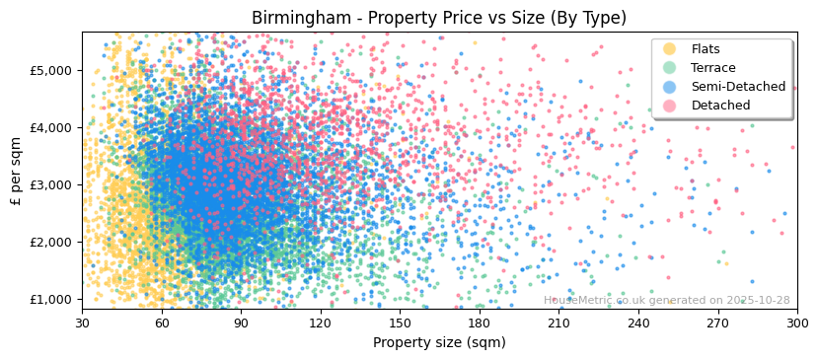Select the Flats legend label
[x=706, y=49]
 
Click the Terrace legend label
[x=713, y=68]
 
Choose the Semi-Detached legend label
[x=738, y=87]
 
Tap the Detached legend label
[x=720, y=106]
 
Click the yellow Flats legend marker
[x=670, y=49]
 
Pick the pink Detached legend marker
[x=670, y=106]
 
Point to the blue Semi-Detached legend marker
[x=670, y=87]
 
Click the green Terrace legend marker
[x=670, y=68]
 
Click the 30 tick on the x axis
[x=82, y=323]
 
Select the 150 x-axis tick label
[x=400, y=323]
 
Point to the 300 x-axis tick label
[x=796, y=323]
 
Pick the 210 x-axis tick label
[x=558, y=323]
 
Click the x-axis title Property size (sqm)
[x=439, y=342]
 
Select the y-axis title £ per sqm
[x=17, y=172]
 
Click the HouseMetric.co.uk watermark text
[x=666, y=301]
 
